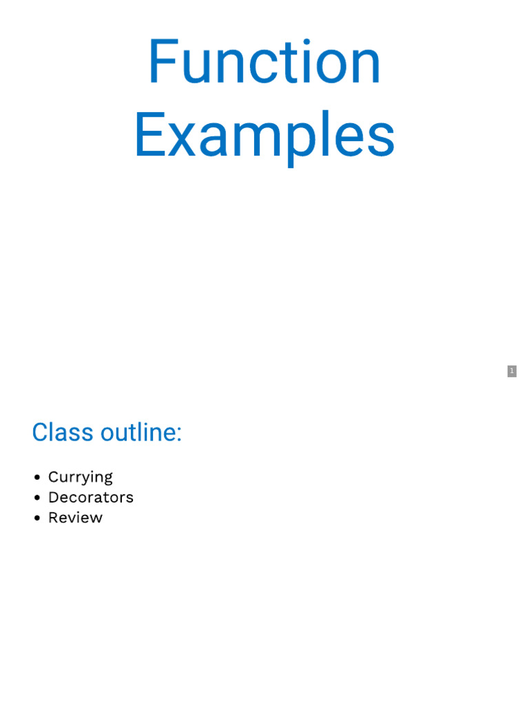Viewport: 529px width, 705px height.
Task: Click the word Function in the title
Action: coord(264,63)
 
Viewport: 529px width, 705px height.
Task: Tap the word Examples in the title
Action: coord(264,136)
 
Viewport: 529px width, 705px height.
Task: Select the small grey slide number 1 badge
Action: coord(512,371)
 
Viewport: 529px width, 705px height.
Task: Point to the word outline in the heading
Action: coord(139,432)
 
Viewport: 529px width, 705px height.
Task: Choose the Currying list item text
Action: coord(80,477)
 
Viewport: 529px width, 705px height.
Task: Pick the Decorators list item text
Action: coord(90,497)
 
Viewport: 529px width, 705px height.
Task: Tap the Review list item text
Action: coord(75,518)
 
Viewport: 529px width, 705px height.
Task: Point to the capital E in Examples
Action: coord(147,136)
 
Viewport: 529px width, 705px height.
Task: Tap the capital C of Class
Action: coord(41,432)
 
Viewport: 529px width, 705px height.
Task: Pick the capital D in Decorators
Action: coord(53,497)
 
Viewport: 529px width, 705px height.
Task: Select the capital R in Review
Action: coord(53,518)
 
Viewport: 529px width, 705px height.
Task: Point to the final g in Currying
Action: coord(107,480)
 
